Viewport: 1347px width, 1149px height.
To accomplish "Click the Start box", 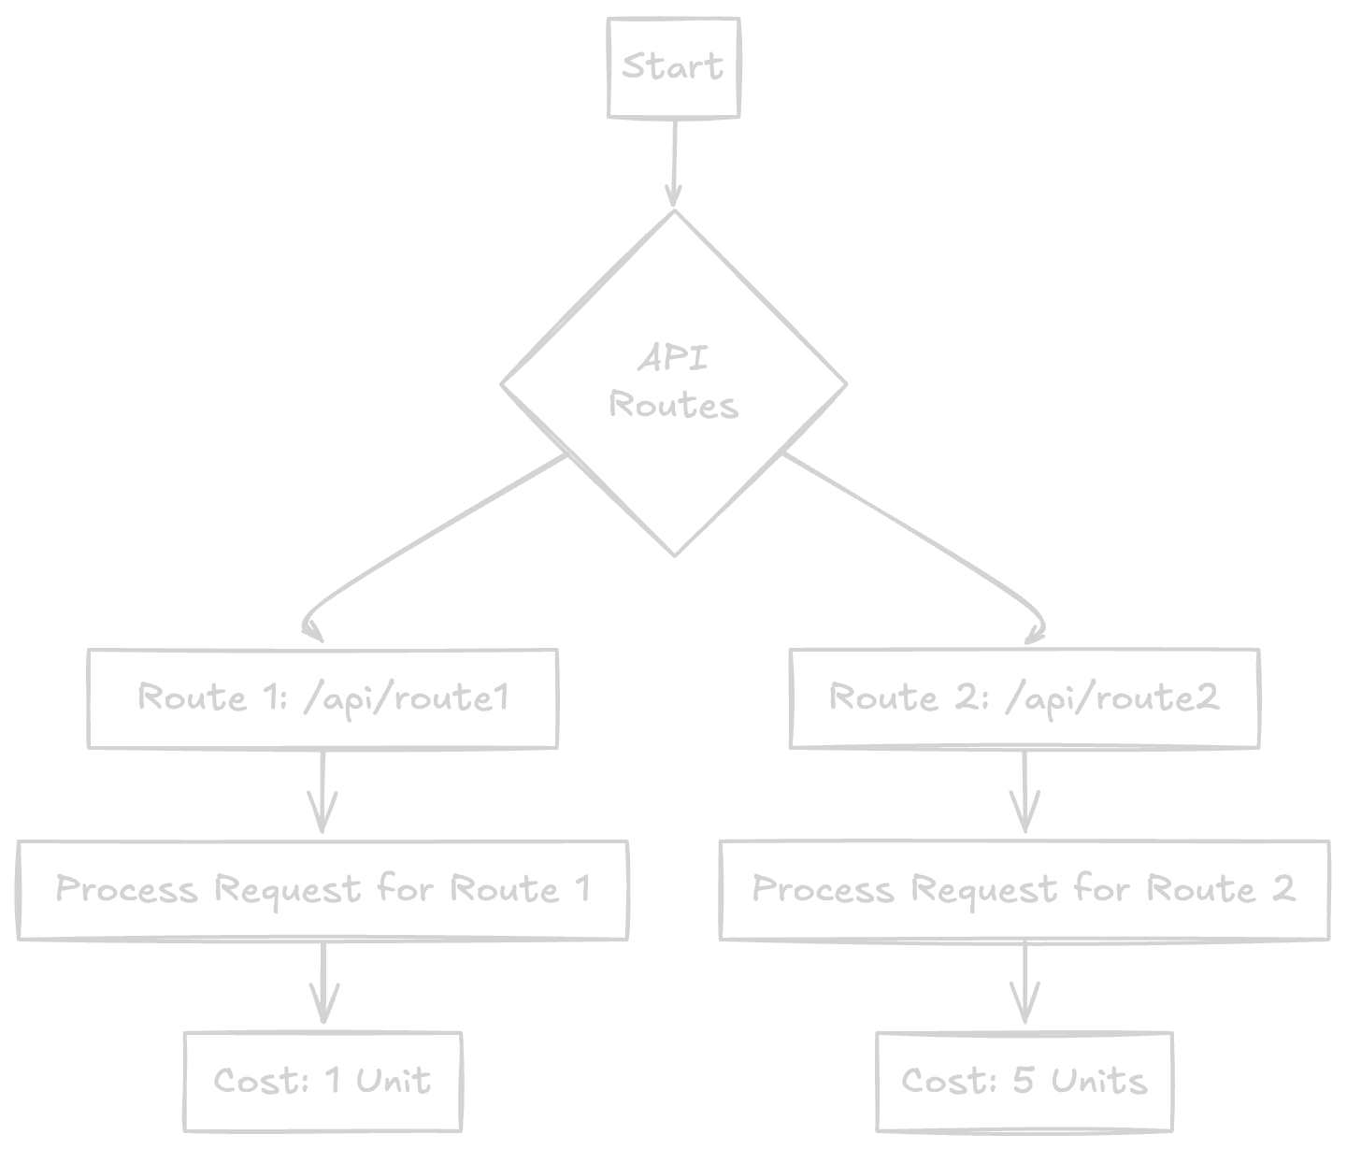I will pos(673,68).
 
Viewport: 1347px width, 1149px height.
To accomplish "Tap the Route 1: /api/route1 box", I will pos(322,698).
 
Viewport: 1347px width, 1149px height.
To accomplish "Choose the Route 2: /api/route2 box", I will pos(1025,698).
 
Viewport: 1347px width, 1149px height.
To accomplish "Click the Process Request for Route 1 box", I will pos(322,890).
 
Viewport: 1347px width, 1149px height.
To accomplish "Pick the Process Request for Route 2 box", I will pos(1025,890).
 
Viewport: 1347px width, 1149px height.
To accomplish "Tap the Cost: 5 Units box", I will pos(1025,1082).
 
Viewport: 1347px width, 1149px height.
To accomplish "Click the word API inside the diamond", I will pos(673,358).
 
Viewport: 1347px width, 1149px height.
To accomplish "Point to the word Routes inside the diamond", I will pos(673,406).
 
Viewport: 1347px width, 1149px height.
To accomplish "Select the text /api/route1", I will pos(407,698).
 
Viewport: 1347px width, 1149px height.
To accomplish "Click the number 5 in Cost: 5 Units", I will pos(1024,1082).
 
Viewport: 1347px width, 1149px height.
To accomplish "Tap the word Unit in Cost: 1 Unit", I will pos(393,1082).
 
